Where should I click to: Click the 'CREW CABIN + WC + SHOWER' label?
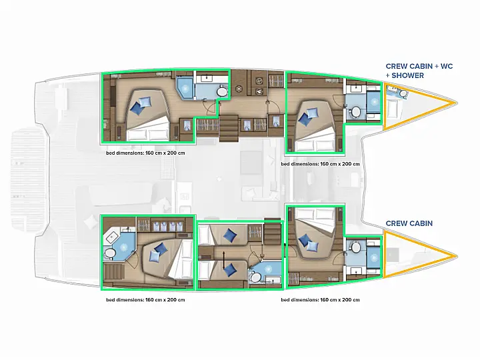(419, 71)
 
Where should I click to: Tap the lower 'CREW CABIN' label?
(409, 223)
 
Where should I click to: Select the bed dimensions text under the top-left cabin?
(145, 153)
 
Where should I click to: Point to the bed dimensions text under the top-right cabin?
(320, 164)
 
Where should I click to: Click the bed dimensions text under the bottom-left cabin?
(145, 300)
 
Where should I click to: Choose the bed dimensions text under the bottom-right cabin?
(320, 300)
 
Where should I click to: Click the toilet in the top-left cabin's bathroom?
(221, 91)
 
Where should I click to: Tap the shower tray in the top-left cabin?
(185, 88)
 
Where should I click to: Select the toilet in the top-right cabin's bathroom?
(356, 111)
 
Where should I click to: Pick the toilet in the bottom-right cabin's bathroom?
(356, 247)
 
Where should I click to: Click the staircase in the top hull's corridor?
(229, 128)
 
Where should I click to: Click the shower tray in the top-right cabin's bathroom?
(373, 102)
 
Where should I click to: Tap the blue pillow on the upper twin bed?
(229, 236)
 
